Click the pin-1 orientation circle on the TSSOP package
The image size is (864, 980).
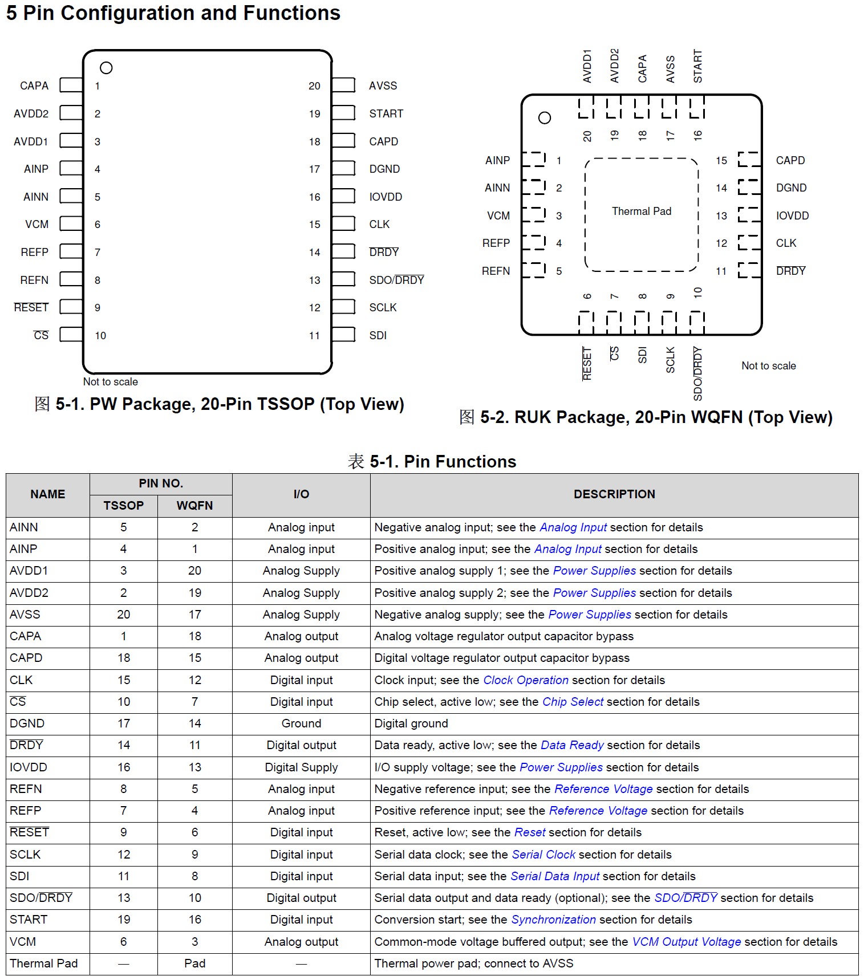[106, 68]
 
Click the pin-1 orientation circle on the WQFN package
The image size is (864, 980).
[545, 118]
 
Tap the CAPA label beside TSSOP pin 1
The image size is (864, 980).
[34, 86]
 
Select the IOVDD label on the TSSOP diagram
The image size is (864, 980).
[386, 197]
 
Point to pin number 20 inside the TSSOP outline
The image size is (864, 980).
[314, 86]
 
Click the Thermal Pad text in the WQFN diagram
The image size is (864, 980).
[642, 211]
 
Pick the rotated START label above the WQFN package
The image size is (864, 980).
[697, 66]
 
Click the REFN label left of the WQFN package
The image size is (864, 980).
[496, 271]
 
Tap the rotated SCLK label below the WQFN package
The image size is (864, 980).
[670, 360]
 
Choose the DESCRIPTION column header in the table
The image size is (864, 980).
[614, 494]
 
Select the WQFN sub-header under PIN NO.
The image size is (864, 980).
[194, 506]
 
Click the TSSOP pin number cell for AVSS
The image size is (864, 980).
[124, 615]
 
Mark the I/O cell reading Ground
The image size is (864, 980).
[301, 723]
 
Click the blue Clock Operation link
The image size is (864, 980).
[525, 680]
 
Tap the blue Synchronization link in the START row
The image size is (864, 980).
[553, 920]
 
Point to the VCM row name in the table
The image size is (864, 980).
[23, 942]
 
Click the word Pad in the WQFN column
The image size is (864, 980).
[194, 963]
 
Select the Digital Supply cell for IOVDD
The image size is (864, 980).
[301, 767]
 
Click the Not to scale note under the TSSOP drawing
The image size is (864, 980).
[110, 381]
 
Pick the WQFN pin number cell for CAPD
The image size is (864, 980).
[194, 658]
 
